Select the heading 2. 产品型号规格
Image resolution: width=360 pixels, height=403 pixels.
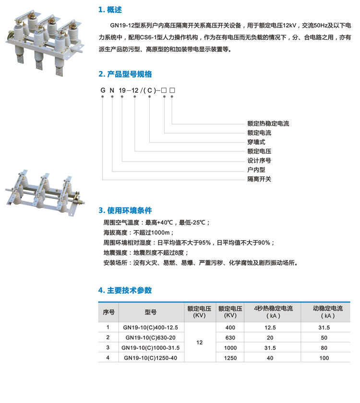(x=125, y=74)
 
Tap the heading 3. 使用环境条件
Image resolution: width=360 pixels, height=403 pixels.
(x=125, y=210)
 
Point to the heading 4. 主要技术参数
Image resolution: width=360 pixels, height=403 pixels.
(x=125, y=290)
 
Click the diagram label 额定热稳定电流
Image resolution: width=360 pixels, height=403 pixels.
(x=268, y=123)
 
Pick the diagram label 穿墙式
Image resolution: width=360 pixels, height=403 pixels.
(x=256, y=142)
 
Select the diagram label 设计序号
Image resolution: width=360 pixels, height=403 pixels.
(x=259, y=160)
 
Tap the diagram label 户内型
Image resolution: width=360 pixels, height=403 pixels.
(x=256, y=170)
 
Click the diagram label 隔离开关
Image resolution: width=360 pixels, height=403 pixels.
(x=259, y=179)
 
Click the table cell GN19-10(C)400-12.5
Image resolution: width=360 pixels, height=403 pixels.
(x=150, y=328)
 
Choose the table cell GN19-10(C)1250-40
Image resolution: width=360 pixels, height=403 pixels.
(x=150, y=357)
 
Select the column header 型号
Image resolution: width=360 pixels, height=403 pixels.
(x=150, y=312)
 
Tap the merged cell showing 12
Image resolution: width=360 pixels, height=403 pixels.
(x=200, y=342)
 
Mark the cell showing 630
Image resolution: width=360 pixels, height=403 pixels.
(x=230, y=337)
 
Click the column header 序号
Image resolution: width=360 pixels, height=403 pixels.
(x=108, y=312)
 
